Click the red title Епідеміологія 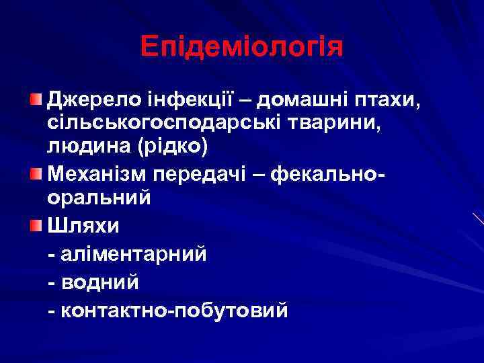[x=242, y=46]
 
